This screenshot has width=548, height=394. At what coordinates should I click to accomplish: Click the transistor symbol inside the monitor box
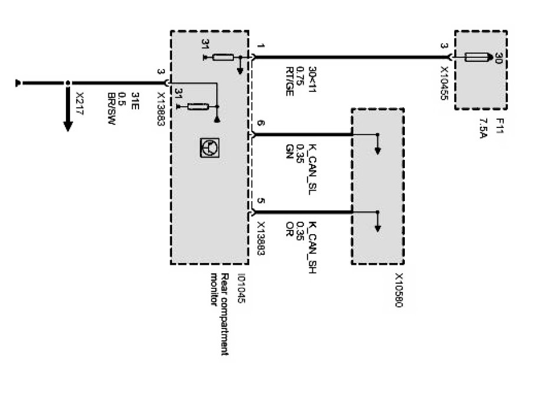click(x=207, y=147)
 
